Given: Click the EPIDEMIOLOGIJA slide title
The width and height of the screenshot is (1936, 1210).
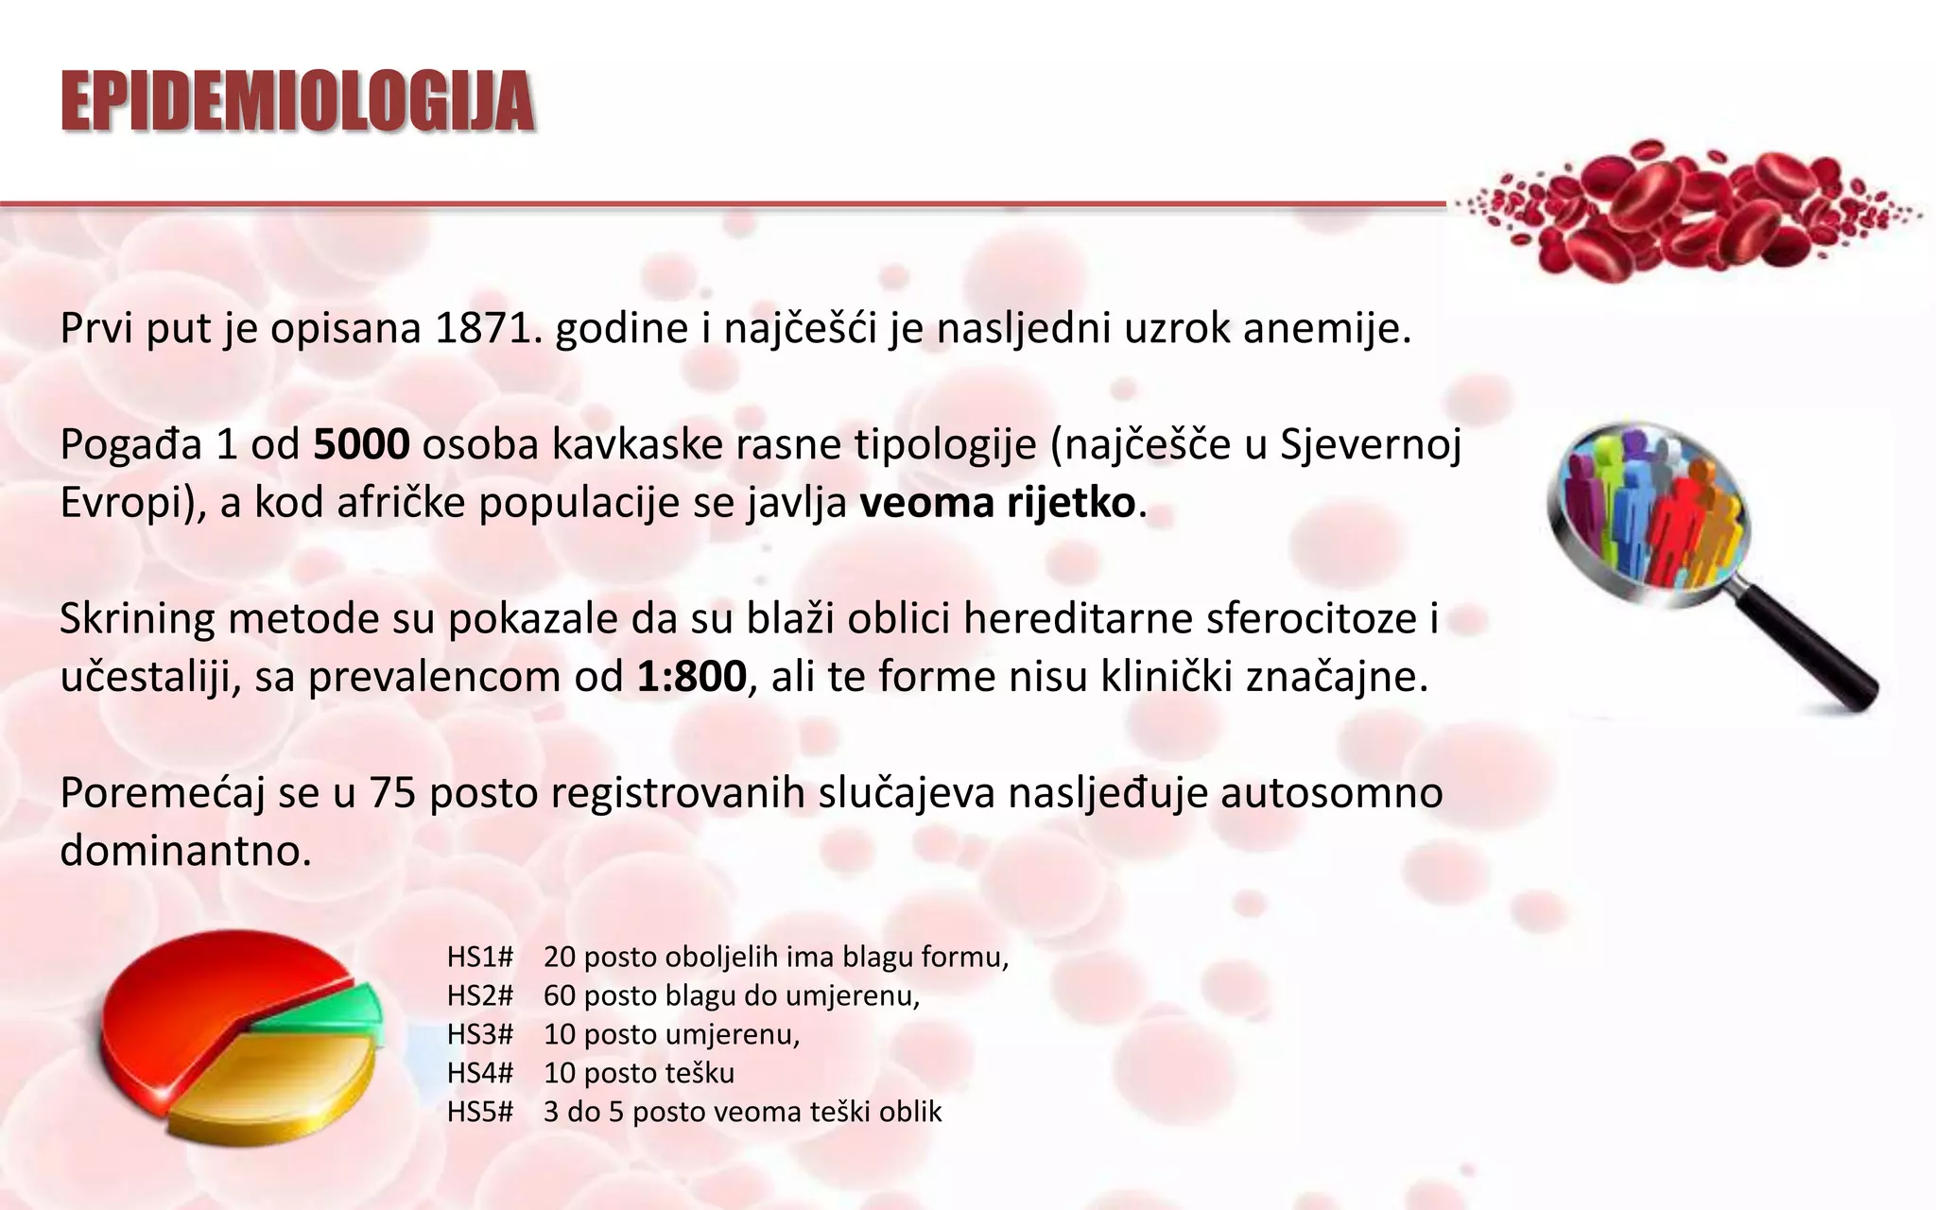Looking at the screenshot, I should pos(298,101).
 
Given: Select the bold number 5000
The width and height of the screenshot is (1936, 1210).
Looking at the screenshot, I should pos(361,444).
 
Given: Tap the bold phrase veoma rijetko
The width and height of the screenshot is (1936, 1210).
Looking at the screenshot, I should pos(997,502).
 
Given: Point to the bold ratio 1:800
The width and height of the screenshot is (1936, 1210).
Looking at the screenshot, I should pos(691,677).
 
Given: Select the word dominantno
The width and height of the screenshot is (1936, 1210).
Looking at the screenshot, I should pos(185,851).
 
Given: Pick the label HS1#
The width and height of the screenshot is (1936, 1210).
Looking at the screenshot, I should pos(480,957).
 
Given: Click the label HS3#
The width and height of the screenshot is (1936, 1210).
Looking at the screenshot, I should pos(480,1034).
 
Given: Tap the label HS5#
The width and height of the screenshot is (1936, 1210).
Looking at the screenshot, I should pos(480,1112).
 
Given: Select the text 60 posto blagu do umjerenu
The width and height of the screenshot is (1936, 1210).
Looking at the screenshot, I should pos(731,995).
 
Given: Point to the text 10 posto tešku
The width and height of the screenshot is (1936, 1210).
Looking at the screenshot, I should pos(638,1073).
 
